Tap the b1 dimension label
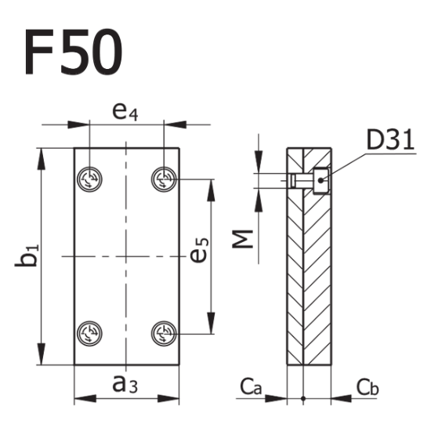coord(27,256)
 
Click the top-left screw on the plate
coord(90,179)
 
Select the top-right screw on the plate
coord(163,179)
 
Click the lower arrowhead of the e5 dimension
coord(211,324)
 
